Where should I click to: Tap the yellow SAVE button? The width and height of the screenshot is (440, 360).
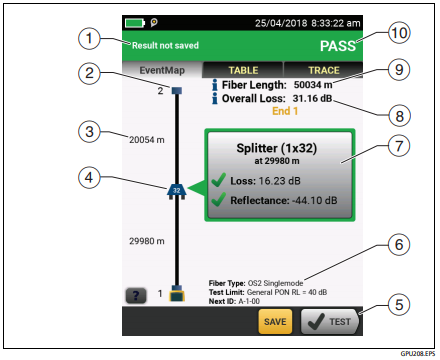pyautogui.click(x=275, y=321)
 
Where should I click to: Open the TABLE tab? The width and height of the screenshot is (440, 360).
pyautogui.click(x=243, y=70)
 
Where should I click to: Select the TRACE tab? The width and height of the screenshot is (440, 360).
pyautogui.click(x=323, y=70)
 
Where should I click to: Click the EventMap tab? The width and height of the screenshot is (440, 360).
pyautogui.click(x=162, y=70)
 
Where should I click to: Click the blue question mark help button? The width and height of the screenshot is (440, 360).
pyautogui.click(x=136, y=295)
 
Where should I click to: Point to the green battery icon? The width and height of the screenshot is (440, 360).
pyautogui.click(x=135, y=23)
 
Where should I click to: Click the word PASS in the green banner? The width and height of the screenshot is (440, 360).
pyautogui.click(x=338, y=46)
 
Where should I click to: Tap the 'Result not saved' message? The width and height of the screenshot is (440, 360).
pyautogui.click(x=165, y=45)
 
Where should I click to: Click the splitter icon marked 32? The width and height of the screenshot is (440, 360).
pyautogui.click(x=176, y=191)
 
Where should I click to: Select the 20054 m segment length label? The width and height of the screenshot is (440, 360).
pyautogui.click(x=147, y=140)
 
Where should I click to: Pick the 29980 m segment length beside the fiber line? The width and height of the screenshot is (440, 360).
pyautogui.click(x=147, y=241)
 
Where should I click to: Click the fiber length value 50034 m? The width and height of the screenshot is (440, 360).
pyautogui.click(x=313, y=85)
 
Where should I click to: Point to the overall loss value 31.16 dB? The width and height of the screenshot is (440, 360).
pyautogui.click(x=312, y=98)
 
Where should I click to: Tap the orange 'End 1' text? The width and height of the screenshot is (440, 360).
pyautogui.click(x=285, y=111)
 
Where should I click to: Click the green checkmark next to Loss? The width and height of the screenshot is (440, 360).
pyautogui.click(x=219, y=180)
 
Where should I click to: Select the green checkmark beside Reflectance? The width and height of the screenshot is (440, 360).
pyautogui.click(x=219, y=200)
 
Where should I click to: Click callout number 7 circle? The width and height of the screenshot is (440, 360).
pyautogui.click(x=399, y=146)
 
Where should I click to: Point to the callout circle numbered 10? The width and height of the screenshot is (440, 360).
pyautogui.click(x=399, y=33)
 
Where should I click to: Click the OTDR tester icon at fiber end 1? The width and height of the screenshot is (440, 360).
pyautogui.click(x=177, y=293)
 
